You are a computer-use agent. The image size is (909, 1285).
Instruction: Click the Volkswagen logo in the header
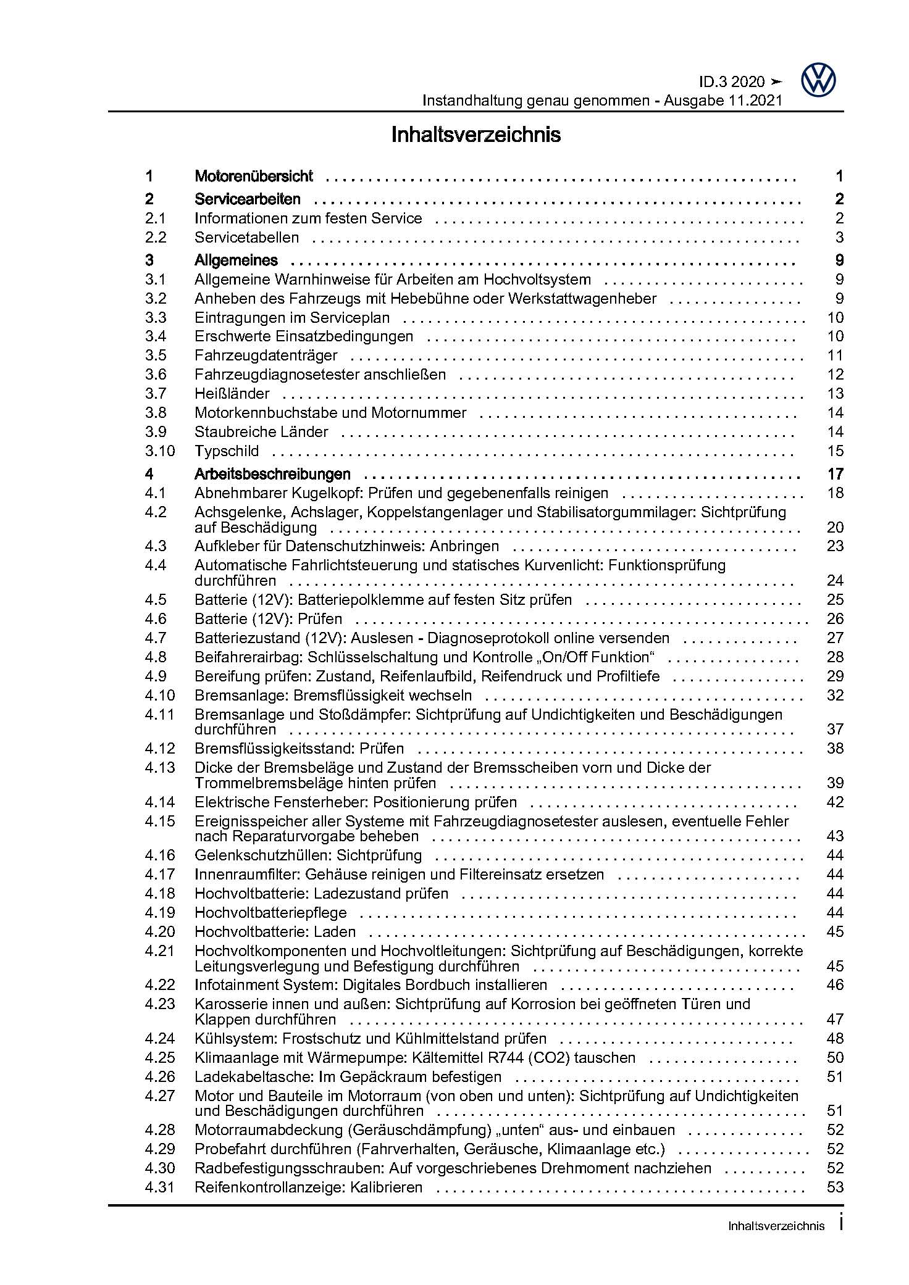[818, 81]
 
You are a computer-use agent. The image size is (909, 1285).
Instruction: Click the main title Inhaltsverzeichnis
[475, 135]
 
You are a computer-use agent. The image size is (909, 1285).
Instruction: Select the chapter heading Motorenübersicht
[254, 177]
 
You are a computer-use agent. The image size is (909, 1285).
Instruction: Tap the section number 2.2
[156, 238]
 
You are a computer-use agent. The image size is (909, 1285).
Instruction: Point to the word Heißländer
[232, 394]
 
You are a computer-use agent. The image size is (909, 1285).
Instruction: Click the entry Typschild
[227, 451]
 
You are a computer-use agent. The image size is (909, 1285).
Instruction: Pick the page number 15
[835, 451]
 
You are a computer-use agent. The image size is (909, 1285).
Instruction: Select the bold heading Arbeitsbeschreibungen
[272, 475]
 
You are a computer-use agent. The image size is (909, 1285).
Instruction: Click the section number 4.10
[160, 696]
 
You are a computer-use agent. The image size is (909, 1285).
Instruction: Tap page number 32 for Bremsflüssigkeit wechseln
[835, 696]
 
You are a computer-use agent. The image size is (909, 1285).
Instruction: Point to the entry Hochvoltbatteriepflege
[270, 913]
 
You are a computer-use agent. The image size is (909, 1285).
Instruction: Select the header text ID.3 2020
[732, 82]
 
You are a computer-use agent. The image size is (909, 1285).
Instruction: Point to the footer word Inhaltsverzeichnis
[776, 1243]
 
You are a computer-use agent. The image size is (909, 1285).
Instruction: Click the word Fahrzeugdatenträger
[266, 356]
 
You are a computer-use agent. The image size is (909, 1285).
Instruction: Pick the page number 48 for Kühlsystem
[835, 1039]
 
